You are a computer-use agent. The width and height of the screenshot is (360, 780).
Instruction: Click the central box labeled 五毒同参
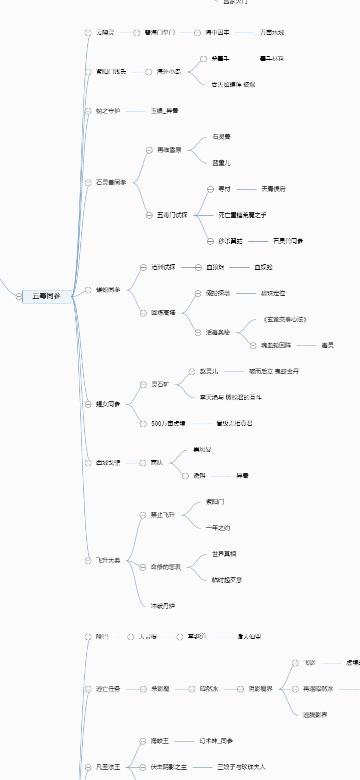(x=47, y=296)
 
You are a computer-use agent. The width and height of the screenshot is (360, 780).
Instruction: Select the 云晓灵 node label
(x=105, y=33)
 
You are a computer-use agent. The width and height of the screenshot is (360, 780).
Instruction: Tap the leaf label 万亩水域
(x=272, y=33)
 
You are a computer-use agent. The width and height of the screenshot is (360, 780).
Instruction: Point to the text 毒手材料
(x=272, y=59)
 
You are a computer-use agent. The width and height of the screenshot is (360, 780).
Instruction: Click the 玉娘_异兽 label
(x=164, y=111)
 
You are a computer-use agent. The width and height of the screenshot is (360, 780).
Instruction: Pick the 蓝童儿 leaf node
(x=221, y=163)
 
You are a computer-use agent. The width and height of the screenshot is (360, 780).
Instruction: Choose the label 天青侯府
(x=273, y=189)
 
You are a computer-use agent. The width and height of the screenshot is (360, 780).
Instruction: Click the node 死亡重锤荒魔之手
(x=242, y=215)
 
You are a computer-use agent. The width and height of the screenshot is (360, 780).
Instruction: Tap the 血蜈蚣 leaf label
(x=263, y=267)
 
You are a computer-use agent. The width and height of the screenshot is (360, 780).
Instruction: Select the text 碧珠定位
(x=273, y=293)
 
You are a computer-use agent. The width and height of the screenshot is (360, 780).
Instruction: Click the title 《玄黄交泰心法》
(x=285, y=319)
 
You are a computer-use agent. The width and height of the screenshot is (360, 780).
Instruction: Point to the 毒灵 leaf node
(x=327, y=345)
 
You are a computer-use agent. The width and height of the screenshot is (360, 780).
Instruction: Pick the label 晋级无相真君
(x=234, y=423)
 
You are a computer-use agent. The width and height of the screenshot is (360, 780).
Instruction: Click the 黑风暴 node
(x=202, y=449)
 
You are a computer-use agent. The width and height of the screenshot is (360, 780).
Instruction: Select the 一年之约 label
(x=218, y=528)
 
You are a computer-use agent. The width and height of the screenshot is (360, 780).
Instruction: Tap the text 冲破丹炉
(x=163, y=606)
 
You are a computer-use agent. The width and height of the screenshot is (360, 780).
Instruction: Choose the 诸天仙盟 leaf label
(x=249, y=637)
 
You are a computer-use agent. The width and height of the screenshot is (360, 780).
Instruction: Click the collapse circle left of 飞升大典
(x=88, y=561)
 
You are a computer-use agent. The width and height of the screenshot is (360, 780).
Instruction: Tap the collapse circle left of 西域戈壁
(x=88, y=463)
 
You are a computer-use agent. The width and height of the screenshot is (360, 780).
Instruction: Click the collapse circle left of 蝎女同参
(x=88, y=404)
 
